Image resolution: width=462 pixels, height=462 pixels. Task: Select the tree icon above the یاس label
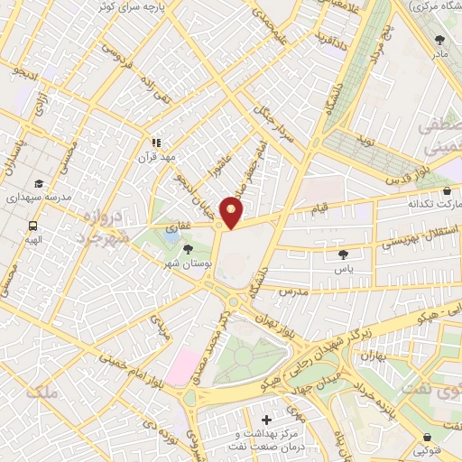coord(344,255)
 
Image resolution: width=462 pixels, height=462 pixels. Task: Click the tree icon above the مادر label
coord(439,40)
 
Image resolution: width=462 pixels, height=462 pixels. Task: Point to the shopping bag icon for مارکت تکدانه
coord(448,191)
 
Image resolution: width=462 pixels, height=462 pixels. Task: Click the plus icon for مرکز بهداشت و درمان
coord(265,420)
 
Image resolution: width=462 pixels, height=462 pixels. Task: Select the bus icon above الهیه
coord(33,226)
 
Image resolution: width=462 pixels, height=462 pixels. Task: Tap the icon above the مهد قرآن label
coord(155,142)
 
